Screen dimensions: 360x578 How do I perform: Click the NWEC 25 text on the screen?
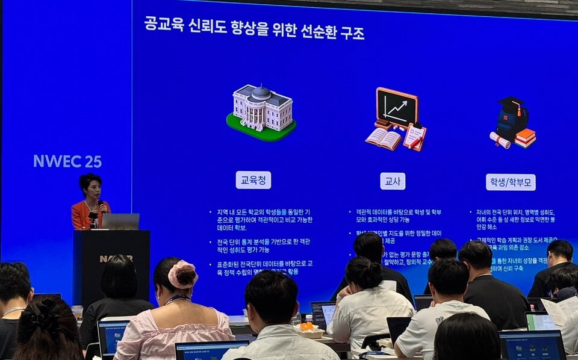click(x=67, y=161)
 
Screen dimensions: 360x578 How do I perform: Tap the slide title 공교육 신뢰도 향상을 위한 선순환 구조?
click(x=254, y=28)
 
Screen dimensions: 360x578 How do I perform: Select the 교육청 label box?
click(x=253, y=180)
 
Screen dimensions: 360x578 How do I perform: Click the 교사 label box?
click(x=393, y=181)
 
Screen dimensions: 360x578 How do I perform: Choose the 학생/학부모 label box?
click(x=511, y=182)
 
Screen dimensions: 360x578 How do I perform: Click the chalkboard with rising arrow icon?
click(x=396, y=108)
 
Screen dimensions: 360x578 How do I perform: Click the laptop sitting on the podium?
click(x=120, y=222)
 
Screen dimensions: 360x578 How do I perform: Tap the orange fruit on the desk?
click(x=307, y=326)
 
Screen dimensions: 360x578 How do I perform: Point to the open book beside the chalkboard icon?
click(x=383, y=138)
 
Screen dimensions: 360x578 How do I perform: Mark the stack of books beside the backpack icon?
click(x=526, y=138)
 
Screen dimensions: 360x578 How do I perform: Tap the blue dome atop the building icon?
click(x=261, y=92)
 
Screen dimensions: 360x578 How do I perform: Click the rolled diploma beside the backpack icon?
click(x=500, y=140)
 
